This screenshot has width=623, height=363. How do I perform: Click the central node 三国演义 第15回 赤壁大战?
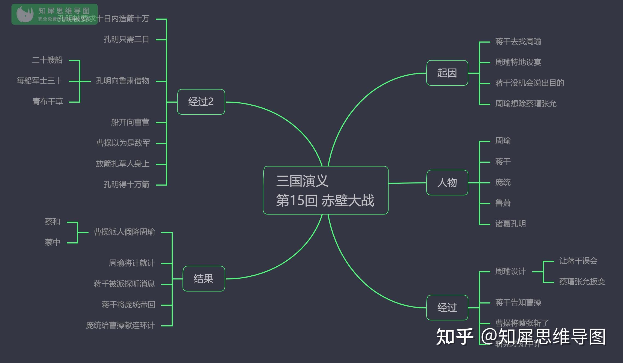click(x=325, y=190)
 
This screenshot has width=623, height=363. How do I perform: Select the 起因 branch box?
click(x=447, y=73)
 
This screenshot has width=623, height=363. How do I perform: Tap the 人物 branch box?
click(x=447, y=183)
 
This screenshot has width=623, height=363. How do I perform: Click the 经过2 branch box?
click(x=201, y=102)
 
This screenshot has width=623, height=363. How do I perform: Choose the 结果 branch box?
click(x=204, y=279)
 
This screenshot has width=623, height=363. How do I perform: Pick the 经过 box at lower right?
click(x=447, y=308)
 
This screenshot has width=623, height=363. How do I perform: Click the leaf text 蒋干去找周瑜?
click(x=518, y=41)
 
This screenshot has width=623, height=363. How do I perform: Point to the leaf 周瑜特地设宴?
click(x=518, y=62)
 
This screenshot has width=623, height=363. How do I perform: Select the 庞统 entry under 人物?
click(x=503, y=182)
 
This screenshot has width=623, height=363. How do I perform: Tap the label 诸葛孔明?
click(x=510, y=224)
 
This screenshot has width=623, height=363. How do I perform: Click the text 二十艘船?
click(x=47, y=60)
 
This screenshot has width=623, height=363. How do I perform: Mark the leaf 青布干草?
click(x=48, y=102)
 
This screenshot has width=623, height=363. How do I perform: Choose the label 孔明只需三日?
click(x=126, y=39)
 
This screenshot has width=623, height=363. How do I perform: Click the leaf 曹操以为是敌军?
click(x=123, y=143)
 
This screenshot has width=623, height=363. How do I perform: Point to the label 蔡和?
click(x=52, y=222)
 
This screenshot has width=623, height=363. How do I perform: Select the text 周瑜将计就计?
click(x=132, y=263)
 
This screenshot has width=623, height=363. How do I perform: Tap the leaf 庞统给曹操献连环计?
click(x=120, y=325)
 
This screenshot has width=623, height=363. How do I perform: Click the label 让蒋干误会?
click(x=578, y=261)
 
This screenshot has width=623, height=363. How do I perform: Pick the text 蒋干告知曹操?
click(x=518, y=302)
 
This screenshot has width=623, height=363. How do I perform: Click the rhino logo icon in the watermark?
click(x=25, y=14)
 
